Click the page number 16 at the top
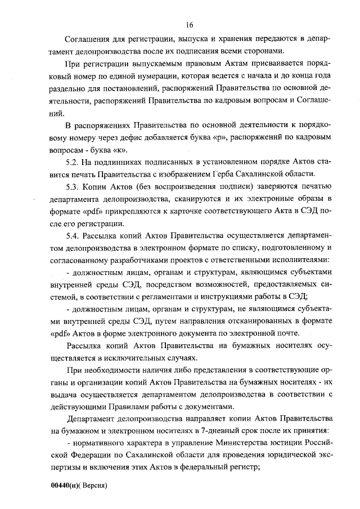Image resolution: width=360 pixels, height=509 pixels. click(x=189, y=25)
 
